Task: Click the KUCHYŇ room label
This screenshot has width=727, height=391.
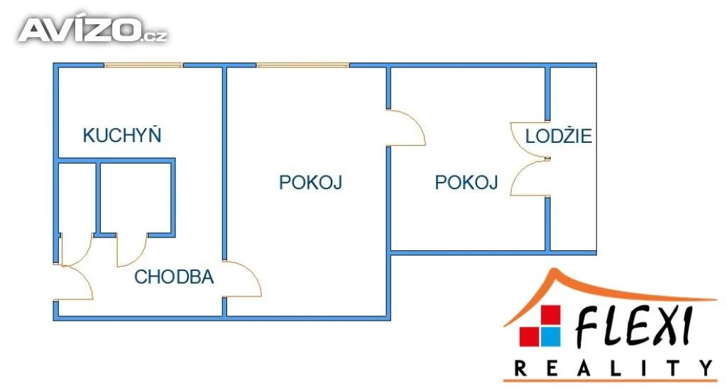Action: pos(123,135)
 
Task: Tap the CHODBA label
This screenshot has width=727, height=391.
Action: pos(174,277)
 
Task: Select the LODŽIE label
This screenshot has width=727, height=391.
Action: pos(559,136)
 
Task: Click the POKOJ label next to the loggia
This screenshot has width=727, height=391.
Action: pos(466,183)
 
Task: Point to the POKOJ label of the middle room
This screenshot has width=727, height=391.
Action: pos(310,183)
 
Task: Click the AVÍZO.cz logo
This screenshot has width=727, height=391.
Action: pos(92,30)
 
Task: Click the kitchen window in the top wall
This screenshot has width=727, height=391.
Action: pos(144,65)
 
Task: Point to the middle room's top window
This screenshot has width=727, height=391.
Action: pos(303,65)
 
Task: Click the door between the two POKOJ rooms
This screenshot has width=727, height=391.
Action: pos(406,128)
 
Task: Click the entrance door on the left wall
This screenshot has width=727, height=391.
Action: pos(75,282)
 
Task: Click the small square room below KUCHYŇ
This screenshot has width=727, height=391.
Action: pos(136,198)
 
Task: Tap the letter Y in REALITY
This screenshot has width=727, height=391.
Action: pos(705,368)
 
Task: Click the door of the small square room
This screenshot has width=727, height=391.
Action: pos(132,249)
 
